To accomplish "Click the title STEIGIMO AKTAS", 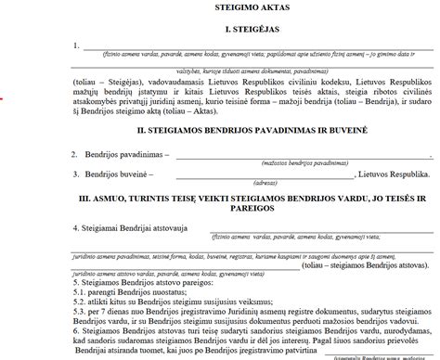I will click(220, 8).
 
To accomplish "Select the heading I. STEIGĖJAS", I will click(220, 28).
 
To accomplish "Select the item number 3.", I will click(73, 174).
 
